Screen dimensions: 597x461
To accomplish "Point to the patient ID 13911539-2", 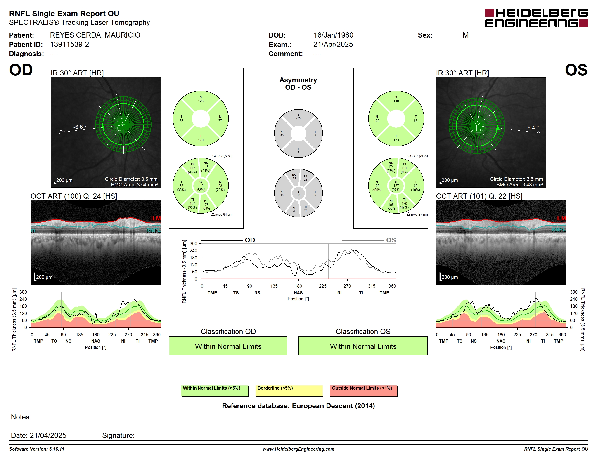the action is pyautogui.click(x=69, y=45).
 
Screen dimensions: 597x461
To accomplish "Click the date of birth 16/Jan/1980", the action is pyautogui.click(x=333, y=35).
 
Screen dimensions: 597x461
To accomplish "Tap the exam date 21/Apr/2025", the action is pyautogui.click(x=333, y=45).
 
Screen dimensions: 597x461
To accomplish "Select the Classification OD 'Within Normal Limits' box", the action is pyautogui.click(x=228, y=346).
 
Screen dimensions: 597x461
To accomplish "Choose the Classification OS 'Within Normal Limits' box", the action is pyautogui.click(x=363, y=346).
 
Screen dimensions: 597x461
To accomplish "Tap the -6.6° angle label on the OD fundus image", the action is pyautogui.click(x=80, y=127).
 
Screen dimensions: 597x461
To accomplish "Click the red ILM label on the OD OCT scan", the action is pyautogui.click(x=156, y=219).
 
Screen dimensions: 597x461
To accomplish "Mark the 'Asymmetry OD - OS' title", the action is pyautogui.click(x=298, y=84).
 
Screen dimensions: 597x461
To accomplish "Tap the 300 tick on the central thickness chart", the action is pyautogui.click(x=193, y=244).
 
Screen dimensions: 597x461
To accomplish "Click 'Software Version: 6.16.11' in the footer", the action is pyautogui.click(x=37, y=449).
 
